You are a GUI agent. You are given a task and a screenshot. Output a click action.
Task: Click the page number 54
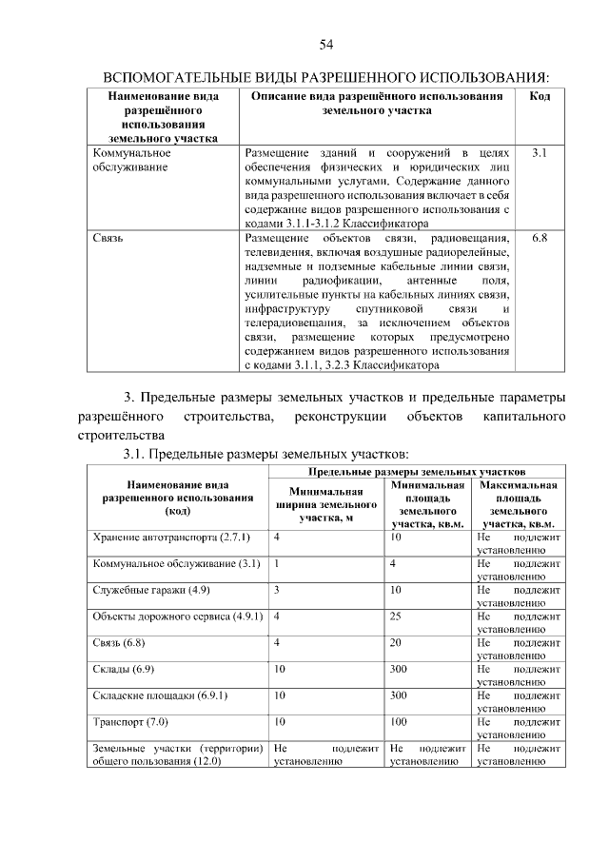coord(325,45)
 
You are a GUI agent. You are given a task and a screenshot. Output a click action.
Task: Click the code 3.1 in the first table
coord(540,152)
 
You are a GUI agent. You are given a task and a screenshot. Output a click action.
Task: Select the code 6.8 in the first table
coord(540,238)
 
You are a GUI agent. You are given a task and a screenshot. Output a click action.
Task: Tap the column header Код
coord(540,97)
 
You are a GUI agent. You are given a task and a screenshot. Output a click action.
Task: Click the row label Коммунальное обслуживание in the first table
coord(132,160)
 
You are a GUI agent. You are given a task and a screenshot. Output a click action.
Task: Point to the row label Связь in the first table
coord(108,238)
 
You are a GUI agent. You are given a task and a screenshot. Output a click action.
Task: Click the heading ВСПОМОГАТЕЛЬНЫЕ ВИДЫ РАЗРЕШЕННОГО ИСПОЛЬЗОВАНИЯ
coord(325,75)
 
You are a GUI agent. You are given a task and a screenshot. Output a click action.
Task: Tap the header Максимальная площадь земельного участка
coord(519,504)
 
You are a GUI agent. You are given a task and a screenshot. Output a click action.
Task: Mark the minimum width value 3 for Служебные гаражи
coord(276,590)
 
